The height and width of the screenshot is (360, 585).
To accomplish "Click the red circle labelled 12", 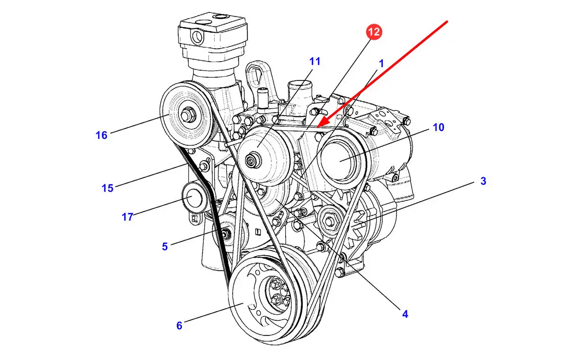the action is (374, 32).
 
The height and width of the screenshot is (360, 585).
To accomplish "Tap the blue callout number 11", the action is (315, 62).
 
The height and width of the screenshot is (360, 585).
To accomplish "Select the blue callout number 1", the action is (381, 63).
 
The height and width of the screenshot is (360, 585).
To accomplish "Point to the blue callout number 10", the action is (439, 127).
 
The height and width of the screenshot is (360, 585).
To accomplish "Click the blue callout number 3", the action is (483, 181).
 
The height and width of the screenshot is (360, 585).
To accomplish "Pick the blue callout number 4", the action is (405, 314).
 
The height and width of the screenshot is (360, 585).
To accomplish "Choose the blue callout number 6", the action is (179, 325).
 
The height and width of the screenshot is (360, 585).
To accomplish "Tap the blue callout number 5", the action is (164, 246).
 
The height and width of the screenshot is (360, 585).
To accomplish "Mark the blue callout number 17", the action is (127, 217).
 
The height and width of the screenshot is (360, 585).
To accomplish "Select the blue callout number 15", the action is (108, 188).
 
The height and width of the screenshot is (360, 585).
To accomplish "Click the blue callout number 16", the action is (101, 135).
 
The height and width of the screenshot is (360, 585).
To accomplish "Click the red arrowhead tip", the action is (317, 127).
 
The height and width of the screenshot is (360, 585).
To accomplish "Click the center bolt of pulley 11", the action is (253, 160).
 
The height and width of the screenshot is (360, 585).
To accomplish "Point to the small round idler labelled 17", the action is (193, 197).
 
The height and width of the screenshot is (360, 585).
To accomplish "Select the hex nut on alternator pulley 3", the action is (330, 222).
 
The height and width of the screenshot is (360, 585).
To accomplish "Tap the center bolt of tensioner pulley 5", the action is (225, 234).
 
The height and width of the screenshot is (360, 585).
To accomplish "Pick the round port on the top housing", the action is (197, 36).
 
